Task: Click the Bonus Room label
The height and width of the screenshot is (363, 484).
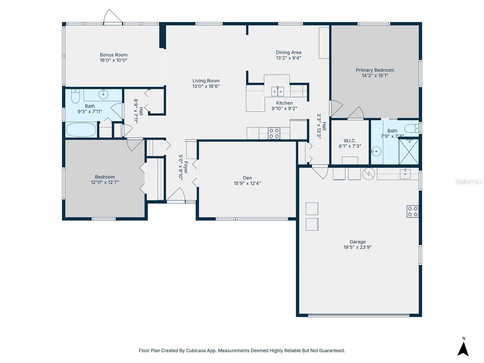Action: click(x=113, y=55)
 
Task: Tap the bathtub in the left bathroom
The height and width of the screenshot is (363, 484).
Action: click(x=81, y=130)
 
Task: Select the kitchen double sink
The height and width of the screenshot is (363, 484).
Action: click(x=277, y=91)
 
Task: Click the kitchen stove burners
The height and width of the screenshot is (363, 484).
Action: click(x=274, y=133)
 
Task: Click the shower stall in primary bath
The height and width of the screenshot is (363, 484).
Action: click(x=409, y=151)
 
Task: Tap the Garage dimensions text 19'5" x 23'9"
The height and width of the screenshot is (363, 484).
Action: click(x=357, y=247)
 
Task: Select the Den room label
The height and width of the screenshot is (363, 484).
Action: click(x=247, y=178)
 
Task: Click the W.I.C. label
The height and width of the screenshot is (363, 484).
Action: click(x=350, y=141)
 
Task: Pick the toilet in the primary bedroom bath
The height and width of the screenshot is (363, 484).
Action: click(x=411, y=128)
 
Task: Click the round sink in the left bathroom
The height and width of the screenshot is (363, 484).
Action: click(x=103, y=94)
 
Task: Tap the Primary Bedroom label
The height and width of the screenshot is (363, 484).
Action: click(x=375, y=70)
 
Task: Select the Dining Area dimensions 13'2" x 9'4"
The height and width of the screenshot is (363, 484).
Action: click(x=288, y=58)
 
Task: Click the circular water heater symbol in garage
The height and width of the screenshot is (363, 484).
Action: click(x=368, y=174)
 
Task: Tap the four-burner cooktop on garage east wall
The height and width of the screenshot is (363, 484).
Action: click(x=412, y=211)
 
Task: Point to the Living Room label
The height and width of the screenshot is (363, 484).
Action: click(x=206, y=81)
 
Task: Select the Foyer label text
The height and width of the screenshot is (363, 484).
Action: click(x=186, y=167)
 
